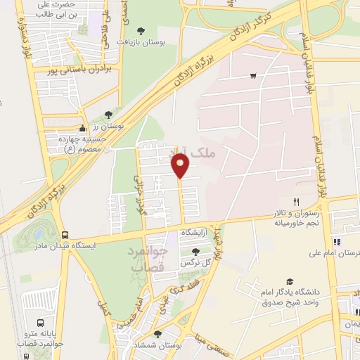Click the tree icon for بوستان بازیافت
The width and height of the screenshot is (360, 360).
(141, 31)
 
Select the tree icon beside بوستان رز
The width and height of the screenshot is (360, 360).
(108, 115)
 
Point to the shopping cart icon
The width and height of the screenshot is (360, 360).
(252, 75)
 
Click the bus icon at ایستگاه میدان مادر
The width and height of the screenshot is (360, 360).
(65, 235)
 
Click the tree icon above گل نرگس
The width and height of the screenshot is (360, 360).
(196, 251)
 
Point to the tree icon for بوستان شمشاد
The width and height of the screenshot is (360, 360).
(157, 334)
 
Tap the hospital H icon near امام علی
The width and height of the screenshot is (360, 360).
(337, 242)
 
